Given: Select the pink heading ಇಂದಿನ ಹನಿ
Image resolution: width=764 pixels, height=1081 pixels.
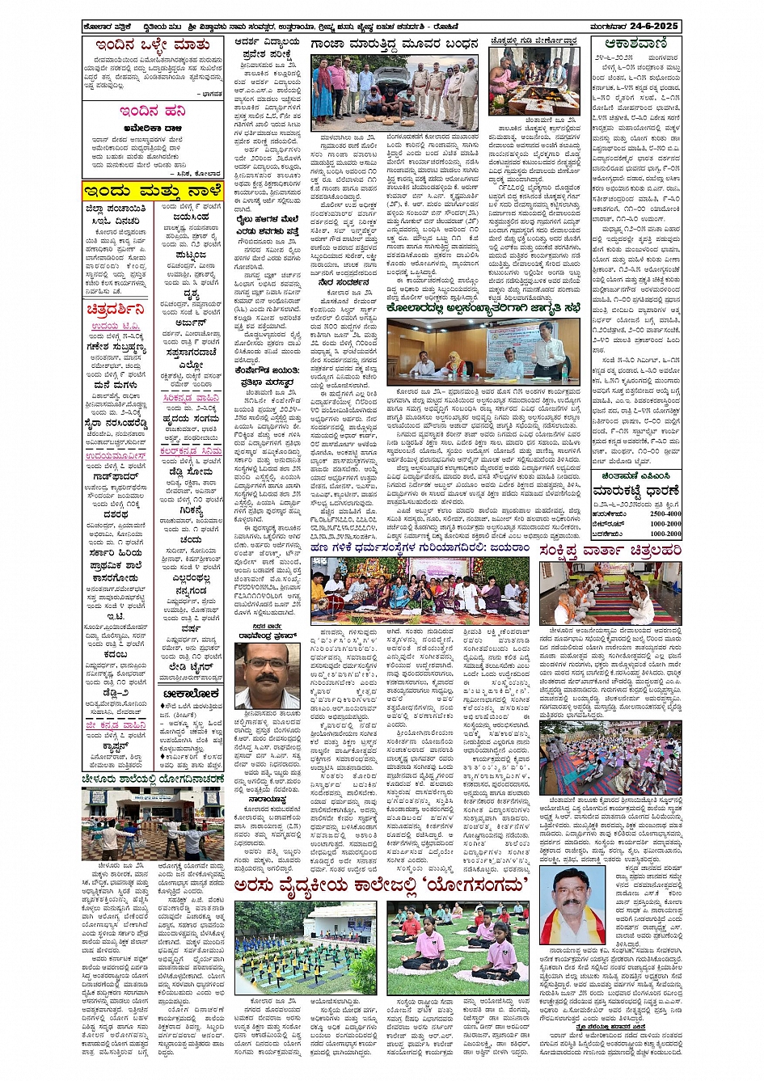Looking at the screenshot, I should [152, 112].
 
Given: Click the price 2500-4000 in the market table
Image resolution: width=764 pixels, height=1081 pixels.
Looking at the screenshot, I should [665, 513].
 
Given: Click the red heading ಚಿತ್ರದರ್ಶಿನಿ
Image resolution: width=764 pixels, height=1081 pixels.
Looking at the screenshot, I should [116, 310].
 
